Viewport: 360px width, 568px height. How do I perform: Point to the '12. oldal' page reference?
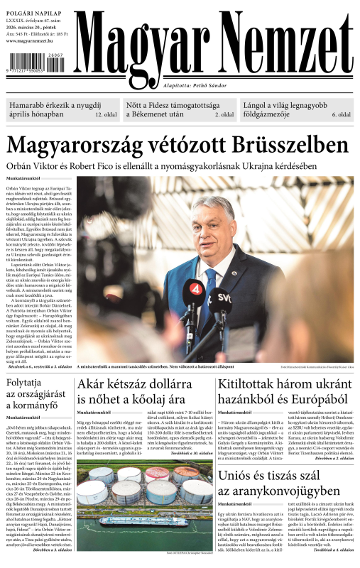[x=105, y=114]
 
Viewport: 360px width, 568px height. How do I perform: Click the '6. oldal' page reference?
[x=341, y=114]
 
